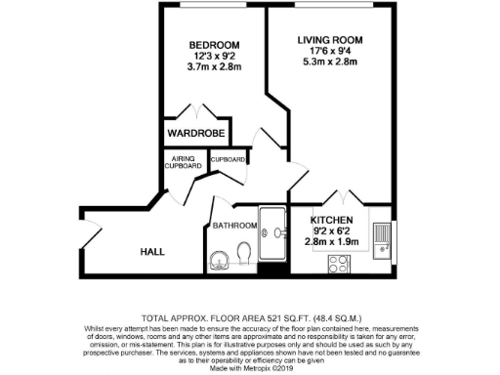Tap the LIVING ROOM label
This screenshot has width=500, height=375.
pos(329,40)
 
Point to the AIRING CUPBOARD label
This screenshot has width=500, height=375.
pos(186,162)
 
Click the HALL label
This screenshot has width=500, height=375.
pos(151,251)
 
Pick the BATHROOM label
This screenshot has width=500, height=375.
pos(235,226)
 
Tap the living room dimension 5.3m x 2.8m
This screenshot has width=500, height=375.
pos(329,66)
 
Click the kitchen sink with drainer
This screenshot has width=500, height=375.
pos(384,235)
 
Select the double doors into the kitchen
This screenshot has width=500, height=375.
pos(338,198)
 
